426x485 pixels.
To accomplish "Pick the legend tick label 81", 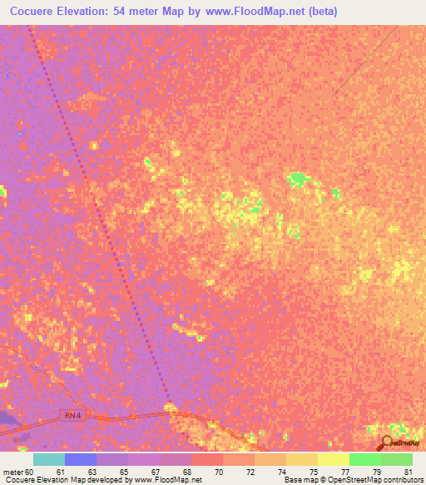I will (x=408, y=472).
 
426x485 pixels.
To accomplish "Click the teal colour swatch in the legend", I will (x=49, y=459).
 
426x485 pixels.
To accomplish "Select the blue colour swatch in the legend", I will (x=81, y=459).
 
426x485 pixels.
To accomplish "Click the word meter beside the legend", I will (x=12, y=472).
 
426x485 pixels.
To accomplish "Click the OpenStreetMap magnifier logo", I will (x=388, y=442).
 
